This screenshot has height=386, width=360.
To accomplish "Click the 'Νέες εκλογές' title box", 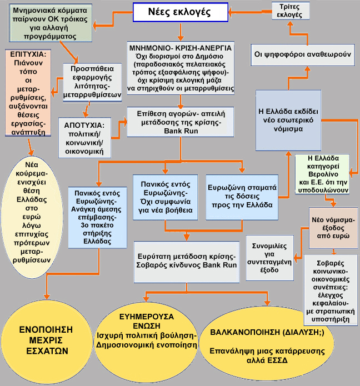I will [180, 12].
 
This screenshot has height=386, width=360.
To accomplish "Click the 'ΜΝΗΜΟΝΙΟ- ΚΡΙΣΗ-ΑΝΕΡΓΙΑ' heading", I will [180, 47].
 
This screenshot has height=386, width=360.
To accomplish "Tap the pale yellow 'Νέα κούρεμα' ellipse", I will [37, 216].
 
